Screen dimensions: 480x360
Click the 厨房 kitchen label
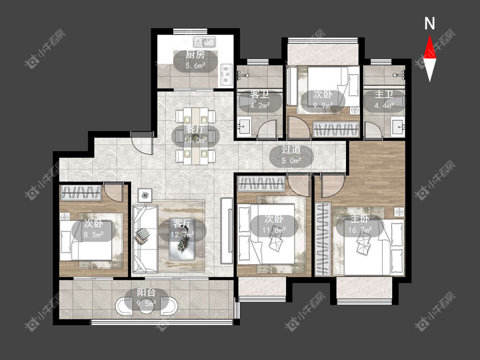pyautogui.click(x=195, y=55)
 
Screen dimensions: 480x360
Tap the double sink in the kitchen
pyautogui.click(x=204, y=42)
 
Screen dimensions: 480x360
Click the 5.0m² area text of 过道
pyautogui.click(x=291, y=160)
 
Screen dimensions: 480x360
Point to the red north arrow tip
pyautogui.click(x=430, y=36)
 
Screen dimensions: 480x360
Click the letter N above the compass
pyautogui.click(x=430, y=23)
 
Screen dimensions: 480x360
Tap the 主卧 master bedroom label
pyautogui.click(x=360, y=219)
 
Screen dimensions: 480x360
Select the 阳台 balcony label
pyautogui.click(x=146, y=292)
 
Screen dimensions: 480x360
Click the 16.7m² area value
pyautogui.click(x=360, y=229)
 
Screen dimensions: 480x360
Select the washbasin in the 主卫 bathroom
pyautogui.click(x=398, y=127)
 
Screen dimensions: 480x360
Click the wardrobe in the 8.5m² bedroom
pyautogui.click(x=81, y=192)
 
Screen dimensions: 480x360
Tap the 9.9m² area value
pyautogui.click(x=323, y=106)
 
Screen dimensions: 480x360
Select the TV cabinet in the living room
pyautogui.click(x=227, y=231)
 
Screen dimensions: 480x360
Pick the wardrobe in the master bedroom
pyautogui.click(x=323, y=239)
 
